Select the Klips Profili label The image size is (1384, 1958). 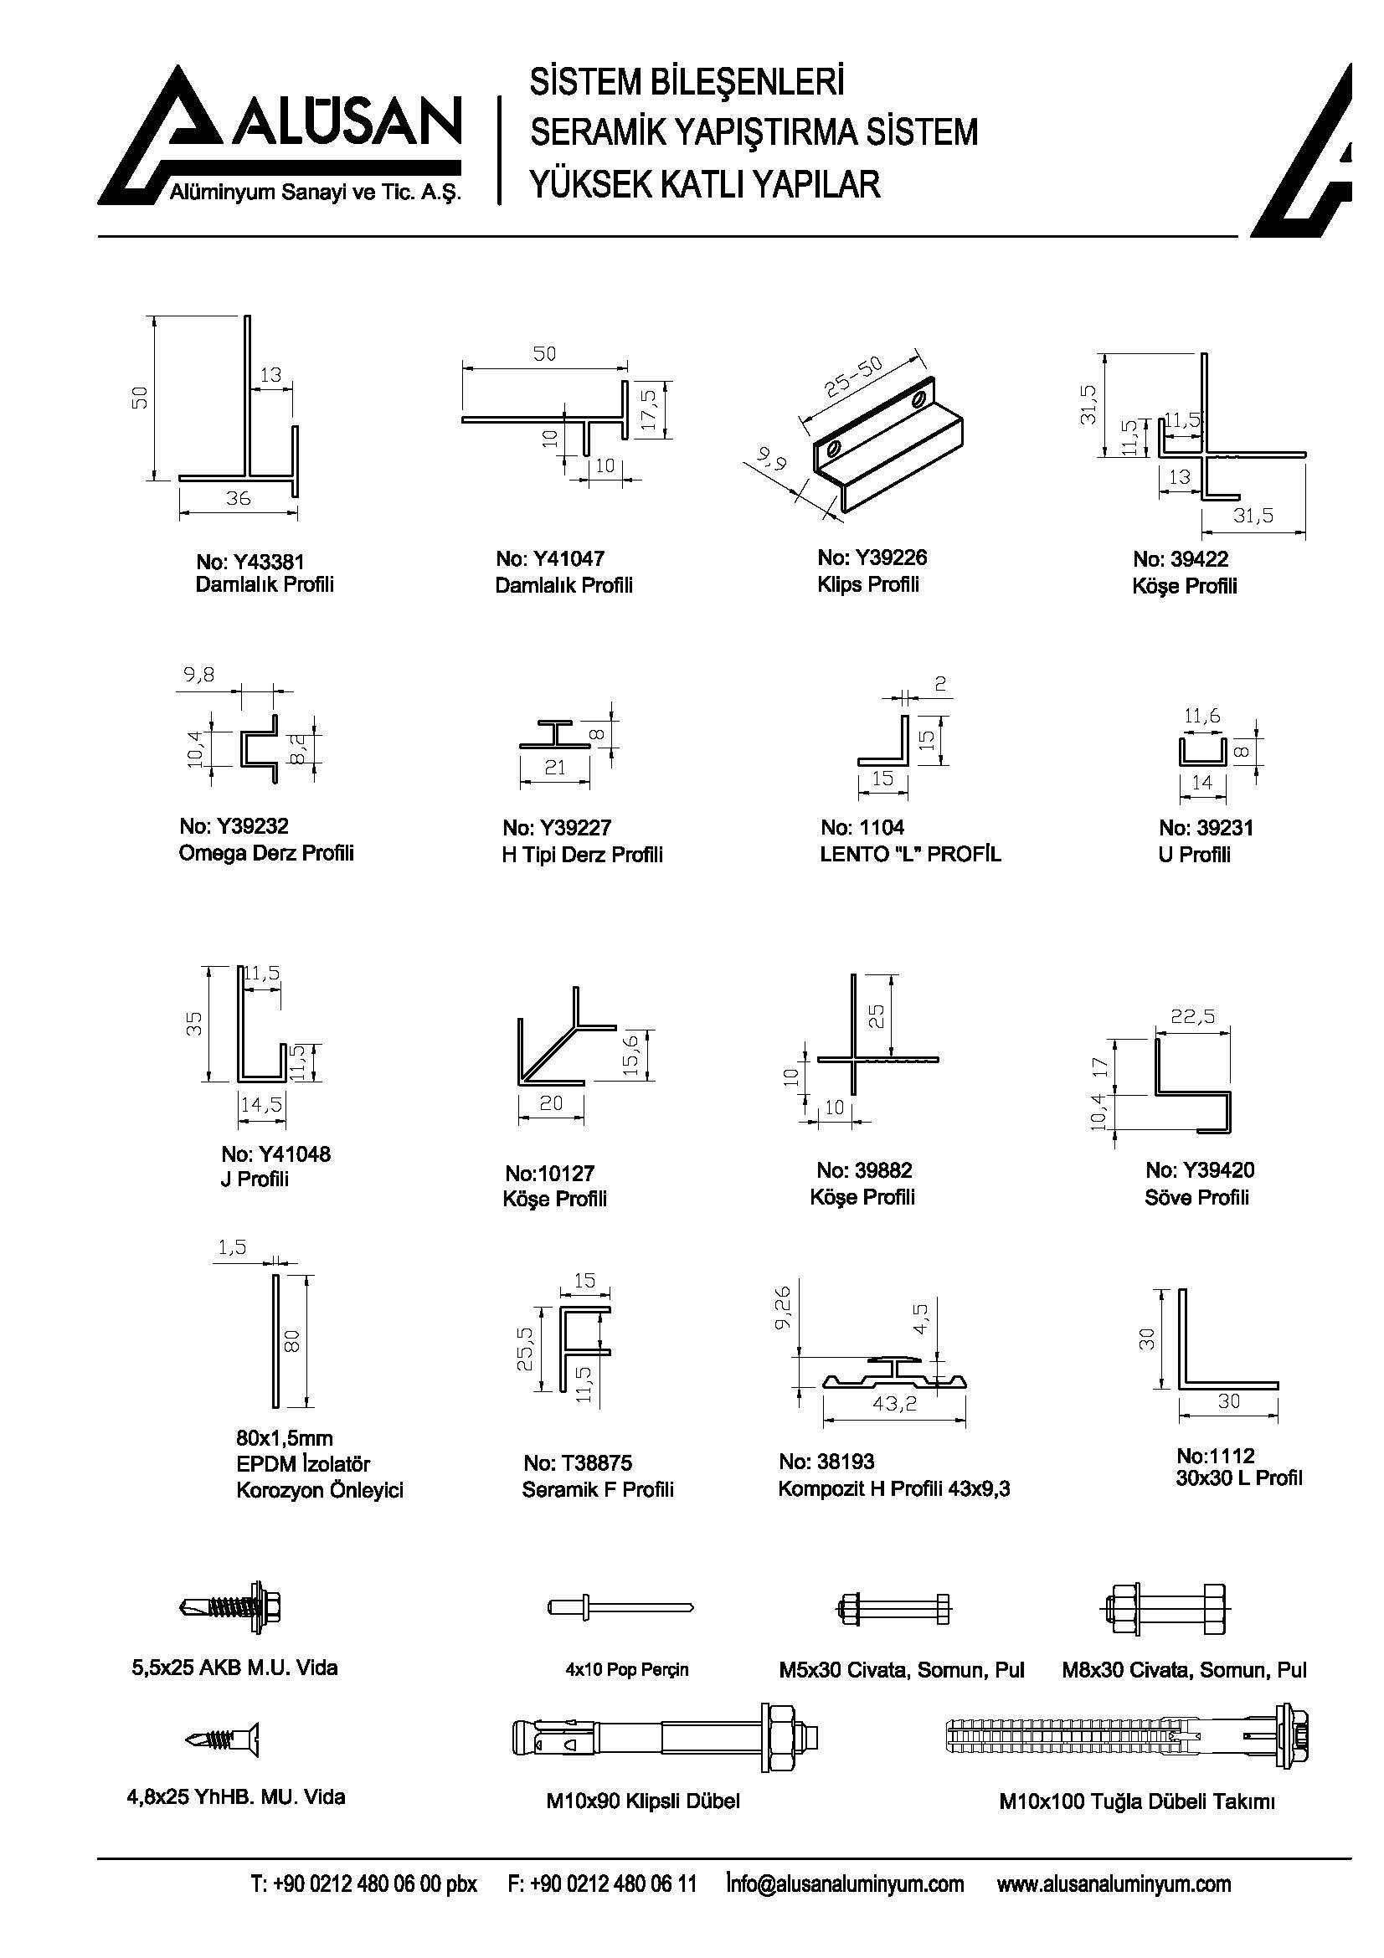(868, 585)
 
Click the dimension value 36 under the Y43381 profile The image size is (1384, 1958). (238, 499)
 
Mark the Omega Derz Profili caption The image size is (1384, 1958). (266, 854)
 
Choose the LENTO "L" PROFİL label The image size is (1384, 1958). (910, 855)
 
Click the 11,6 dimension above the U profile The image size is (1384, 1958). (1201, 717)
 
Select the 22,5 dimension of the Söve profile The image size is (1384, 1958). (1193, 1016)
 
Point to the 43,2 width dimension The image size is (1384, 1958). (894, 1403)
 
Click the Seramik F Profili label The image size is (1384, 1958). (598, 1489)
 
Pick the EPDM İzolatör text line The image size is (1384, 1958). (304, 1464)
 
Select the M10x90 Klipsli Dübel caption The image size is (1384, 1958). (643, 1801)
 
